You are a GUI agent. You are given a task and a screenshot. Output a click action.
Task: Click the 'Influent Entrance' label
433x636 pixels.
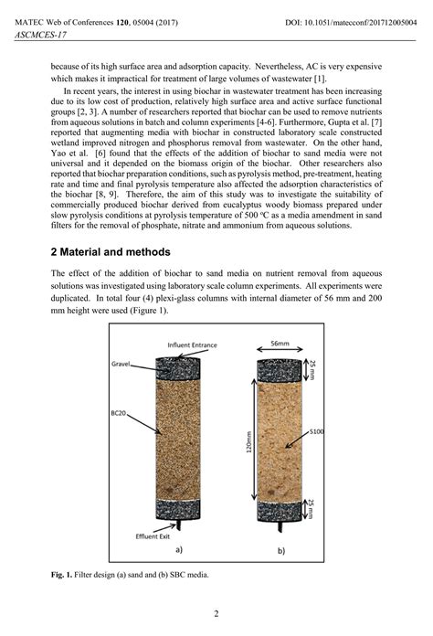coord(190,345)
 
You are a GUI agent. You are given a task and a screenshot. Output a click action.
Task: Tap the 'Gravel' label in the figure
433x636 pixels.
coord(122,363)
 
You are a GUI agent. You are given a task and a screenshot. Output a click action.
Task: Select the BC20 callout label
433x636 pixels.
coord(120,411)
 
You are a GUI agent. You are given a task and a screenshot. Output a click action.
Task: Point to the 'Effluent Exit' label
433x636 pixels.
coord(153,536)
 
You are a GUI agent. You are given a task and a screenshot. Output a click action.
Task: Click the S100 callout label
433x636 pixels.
coord(317,429)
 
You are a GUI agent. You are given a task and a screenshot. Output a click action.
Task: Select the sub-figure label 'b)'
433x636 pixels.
coord(280,549)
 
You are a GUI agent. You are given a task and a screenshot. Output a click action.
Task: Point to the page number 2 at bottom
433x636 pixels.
coord(216,613)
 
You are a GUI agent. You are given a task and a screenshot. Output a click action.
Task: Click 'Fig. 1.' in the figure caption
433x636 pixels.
coord(64,576)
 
